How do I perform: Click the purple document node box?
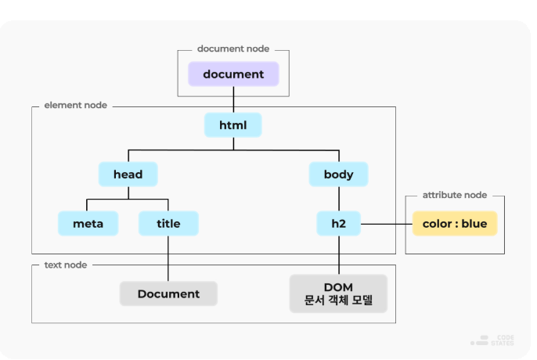pyautogui.click(x=233, y=74)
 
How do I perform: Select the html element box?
pyautogui.click(x=232, y=125)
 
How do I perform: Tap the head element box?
pyautogui.click(x=128, y=174)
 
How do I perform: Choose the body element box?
pyautogui.click(x=338, y=174)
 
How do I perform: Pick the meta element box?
pyautogui.click(x=88, y=224)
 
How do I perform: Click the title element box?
pyautogui.click(x=168, y=224)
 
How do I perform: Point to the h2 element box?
pyautogui.click(x=338, y=224)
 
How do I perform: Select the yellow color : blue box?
pyautogui.click(x=454, y=224)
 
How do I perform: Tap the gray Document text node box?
pyautogui.click(x=168, y=293)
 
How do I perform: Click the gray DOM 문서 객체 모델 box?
pyautogui.click(x=338, y=293)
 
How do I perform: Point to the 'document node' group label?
pyautogui.click(x=233, y=49)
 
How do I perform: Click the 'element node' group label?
pyautogui.click(x=75, y=105)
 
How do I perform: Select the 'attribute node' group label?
pyautogui.click(x=454, y=195)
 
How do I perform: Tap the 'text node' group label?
pyautogui.click(x=65, y=265)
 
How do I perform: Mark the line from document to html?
pyautogui.click(x=233, y=100)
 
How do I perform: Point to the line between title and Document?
pyautogui.click(x=168, y=258)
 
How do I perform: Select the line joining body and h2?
pyautogui.click(x=338, y=199)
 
